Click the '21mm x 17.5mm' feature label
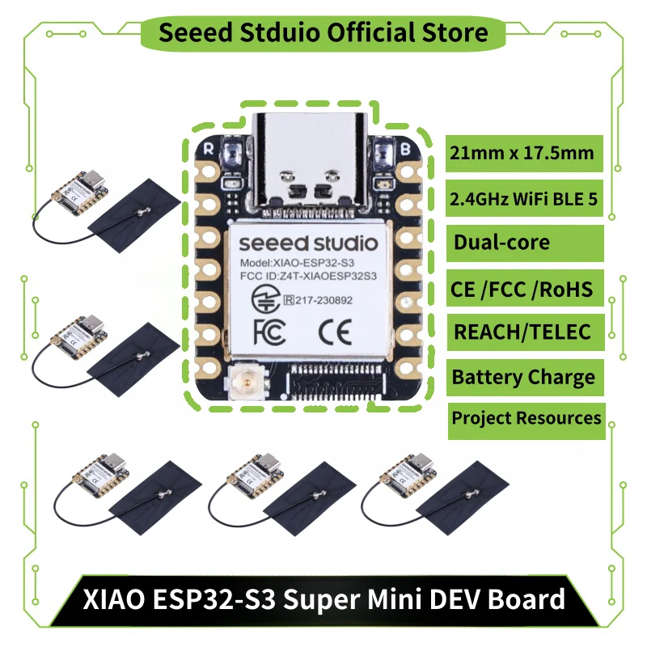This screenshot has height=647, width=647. tap(524, 153)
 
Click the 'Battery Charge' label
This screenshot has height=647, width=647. tap(524, 377)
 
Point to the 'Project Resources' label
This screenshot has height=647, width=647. tap(526, 418)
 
